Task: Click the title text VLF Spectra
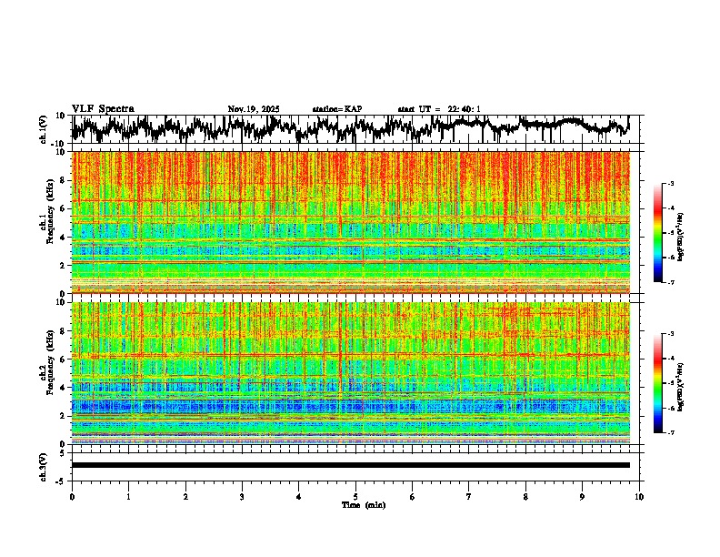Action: coord(103,108)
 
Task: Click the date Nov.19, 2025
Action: coord(254,109)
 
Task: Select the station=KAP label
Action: coord(337,109)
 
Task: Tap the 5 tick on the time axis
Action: coord(355,496)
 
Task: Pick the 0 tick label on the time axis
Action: coord(72,496)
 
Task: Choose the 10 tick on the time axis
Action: coord(639,496)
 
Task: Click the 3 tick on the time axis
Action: coord(242,496)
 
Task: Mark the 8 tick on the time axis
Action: coord(525,496)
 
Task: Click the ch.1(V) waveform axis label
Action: coord(45,129)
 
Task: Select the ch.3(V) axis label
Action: coord(45,465)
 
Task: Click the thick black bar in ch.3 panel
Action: coord(351,465)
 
